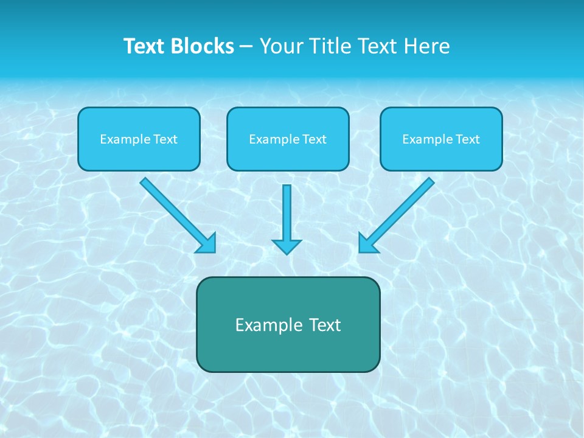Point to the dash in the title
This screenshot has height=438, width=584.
[x=246, y=47]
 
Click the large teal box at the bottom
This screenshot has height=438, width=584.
[x=288, y=350]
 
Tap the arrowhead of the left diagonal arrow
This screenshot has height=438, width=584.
[x=207, y=243]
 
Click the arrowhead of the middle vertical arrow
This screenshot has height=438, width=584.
[x=287, y=247]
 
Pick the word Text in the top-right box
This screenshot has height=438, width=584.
[x=468, y=139]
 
